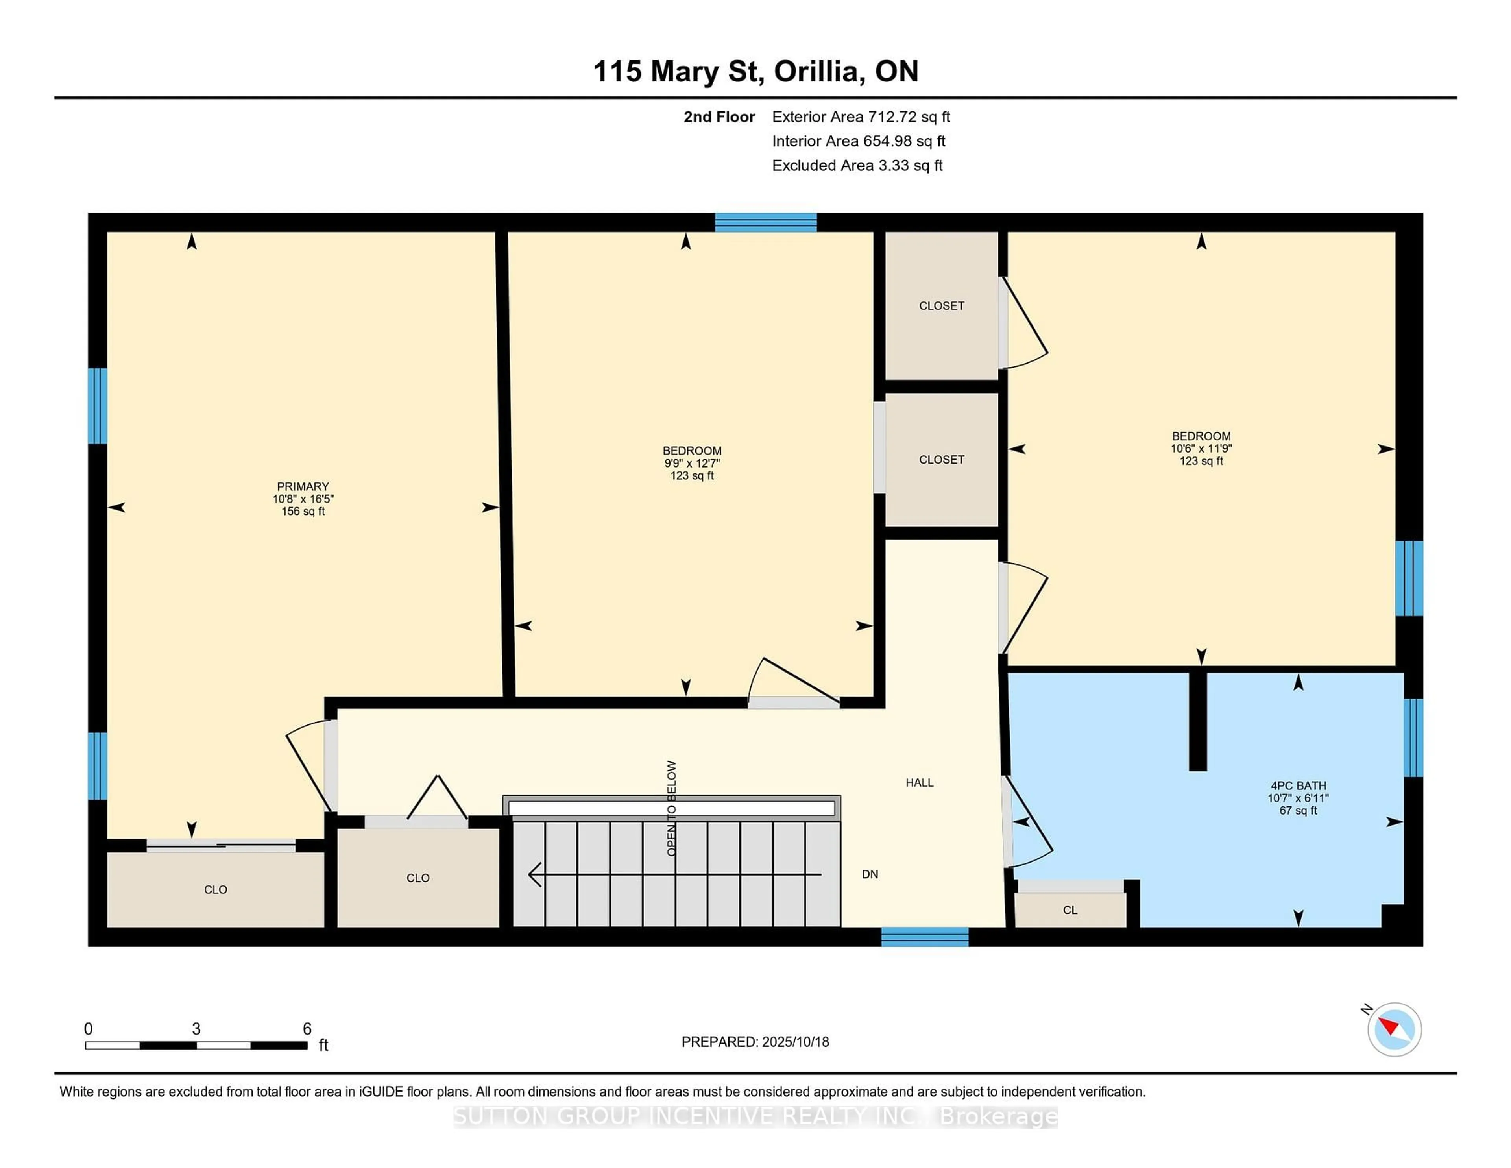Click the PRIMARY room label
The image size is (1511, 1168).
(303, 486)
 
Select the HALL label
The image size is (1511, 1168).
(920, 783)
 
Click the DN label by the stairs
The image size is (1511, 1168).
(870, 874)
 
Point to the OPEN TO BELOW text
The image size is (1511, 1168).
(671, 808)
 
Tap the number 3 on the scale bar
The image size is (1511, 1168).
(196, 1029)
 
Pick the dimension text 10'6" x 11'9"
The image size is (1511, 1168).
(1201, 448)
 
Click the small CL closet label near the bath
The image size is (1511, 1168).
(1070, 910)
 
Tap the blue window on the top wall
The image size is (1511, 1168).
(766, 222)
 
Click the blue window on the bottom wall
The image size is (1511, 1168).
(925, 937)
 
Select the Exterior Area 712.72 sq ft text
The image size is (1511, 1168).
(861, 117)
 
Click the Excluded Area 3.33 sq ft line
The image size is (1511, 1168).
(857, 165)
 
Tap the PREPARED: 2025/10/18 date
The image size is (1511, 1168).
(755, 1041)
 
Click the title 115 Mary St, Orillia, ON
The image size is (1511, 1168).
(756, 71)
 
